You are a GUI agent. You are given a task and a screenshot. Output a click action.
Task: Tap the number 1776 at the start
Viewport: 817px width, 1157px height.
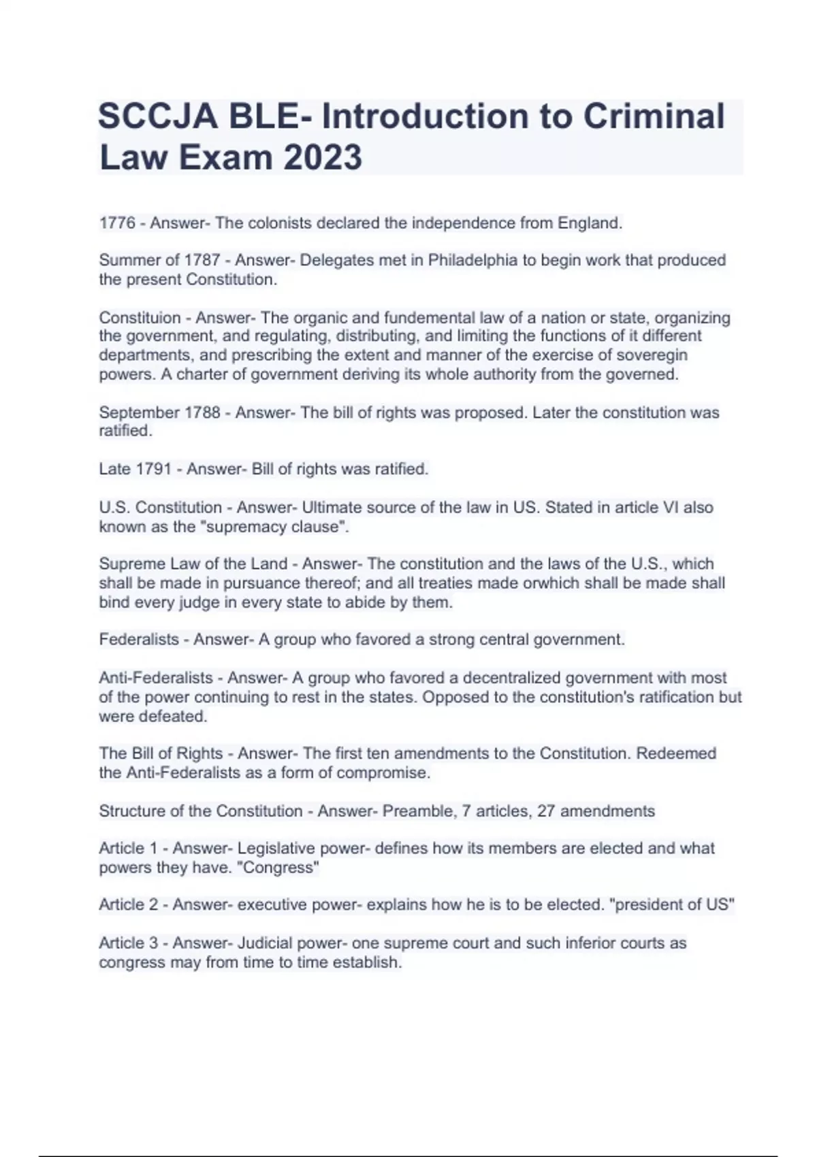tap(117, 223)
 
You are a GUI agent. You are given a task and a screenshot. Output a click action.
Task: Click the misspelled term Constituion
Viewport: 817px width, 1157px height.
tap(140, 318)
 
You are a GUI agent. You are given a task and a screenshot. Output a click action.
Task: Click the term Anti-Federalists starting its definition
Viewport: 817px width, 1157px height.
tap(156, 678)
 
